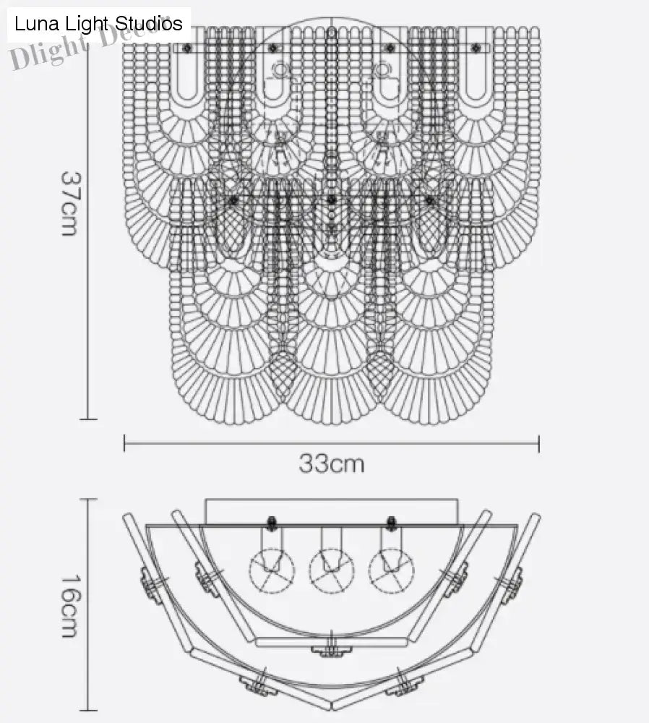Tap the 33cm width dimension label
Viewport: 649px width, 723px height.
pos(332,463)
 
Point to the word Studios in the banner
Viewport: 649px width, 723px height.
pos(149,24)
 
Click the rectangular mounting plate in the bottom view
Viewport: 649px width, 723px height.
pos(332,510)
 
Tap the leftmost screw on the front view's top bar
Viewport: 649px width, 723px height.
pos(187,48)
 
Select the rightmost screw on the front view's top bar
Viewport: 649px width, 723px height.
pos(475,48)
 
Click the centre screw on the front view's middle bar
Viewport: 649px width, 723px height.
pos(331,199)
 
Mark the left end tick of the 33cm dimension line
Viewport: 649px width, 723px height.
pos(124,443)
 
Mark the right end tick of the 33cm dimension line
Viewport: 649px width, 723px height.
pos(539,443)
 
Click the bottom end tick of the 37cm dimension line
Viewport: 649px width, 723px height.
pos(87,419)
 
